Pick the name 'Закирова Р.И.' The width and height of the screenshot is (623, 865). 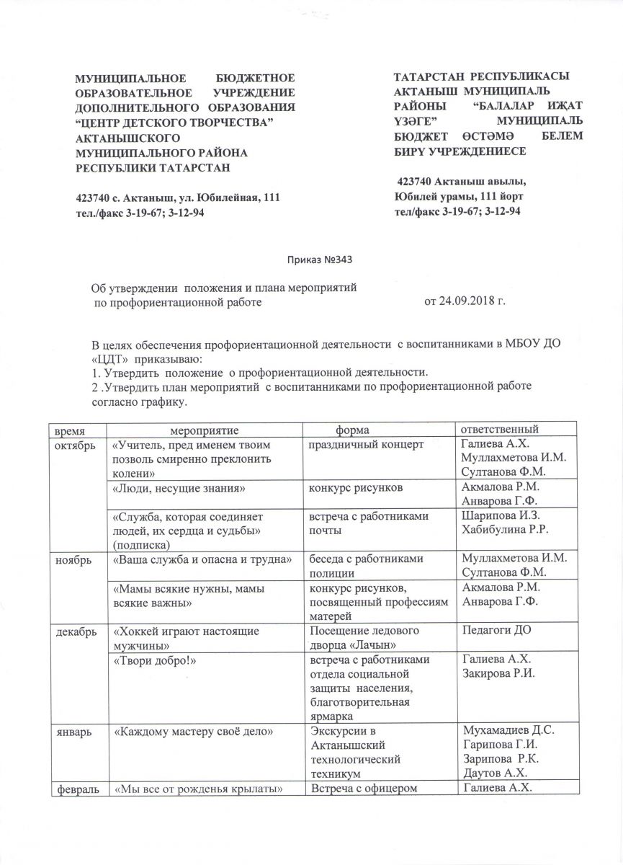tap(494, 672)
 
